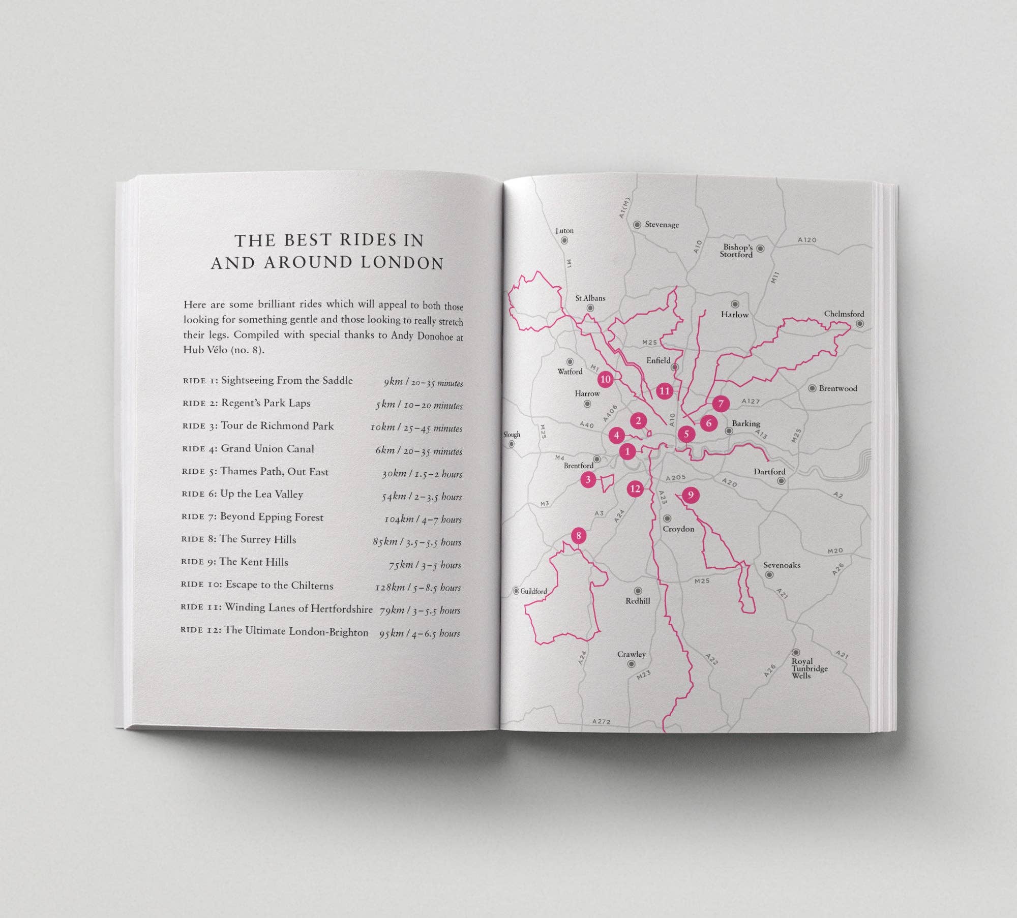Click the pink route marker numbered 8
click(578, 535)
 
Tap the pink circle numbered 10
click(605, 379)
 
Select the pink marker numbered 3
click(588, 479)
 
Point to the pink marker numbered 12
click(635, 489)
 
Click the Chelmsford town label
click(844, 314)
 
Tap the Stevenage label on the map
click(662, 225)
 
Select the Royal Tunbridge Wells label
click(810, 668)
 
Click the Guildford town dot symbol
click(516, 591)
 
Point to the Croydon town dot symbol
click(667, 518)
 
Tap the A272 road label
click(601, 721)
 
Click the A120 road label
click(807, 240)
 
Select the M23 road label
click(644, 675)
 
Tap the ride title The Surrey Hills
click(258, 539)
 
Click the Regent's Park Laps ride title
click(265, 403)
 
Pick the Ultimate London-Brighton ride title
click(296, 631)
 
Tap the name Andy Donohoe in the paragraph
click(422, 336)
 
